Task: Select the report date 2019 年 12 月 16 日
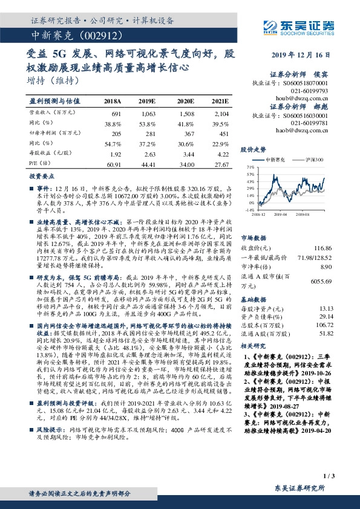point(304,56)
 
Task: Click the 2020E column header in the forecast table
point(185,102)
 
